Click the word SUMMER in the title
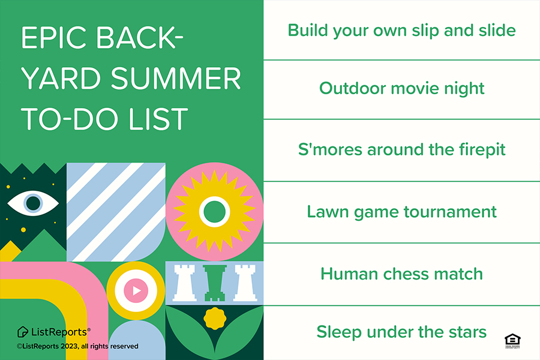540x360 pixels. (x=176, y=78)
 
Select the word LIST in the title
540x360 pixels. (x=158, y=119)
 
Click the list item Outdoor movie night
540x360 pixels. (x=401, y=89)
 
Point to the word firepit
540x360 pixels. (x=482, y=150)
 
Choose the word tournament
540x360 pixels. (x=450, y=212)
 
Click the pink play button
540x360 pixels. (x=136, y=291)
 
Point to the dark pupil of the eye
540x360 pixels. (x=34, y=203)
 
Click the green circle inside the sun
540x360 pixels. (x=215, y=212)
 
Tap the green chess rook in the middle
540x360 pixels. (x=215, y=283)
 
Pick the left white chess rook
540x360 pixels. (x=184, y=283)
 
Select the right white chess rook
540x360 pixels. (x=245, y=283)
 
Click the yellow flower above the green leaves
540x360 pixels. (x=215, y=319)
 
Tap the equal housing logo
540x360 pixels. (x=512, y=341)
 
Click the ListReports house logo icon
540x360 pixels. (x=23, y=332)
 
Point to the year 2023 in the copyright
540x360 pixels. (x=69, y=346)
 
